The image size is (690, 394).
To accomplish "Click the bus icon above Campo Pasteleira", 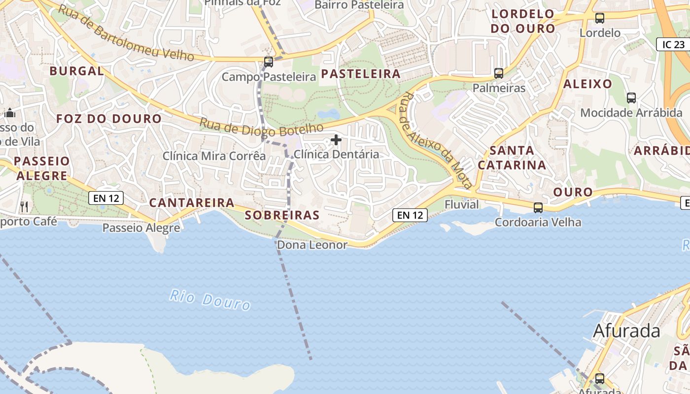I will [268, 62].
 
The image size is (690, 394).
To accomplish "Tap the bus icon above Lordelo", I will [600, 18].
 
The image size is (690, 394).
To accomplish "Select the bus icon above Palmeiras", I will [499, 73].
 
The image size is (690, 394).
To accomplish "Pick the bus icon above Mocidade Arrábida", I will [631, 98].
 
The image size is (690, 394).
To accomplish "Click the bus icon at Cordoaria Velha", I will [538, 208].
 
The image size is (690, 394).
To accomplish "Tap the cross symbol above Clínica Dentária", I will [336, 140].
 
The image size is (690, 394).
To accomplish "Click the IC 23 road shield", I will [673, 44].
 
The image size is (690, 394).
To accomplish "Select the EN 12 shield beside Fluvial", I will [410, 215].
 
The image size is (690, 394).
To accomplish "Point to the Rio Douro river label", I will [210, 299].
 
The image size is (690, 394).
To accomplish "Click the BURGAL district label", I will [76, 71].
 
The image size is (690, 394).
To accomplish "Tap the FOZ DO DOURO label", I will [108, 119].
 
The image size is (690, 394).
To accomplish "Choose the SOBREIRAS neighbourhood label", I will [282, 215].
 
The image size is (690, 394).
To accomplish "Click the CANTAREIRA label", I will [191, 202].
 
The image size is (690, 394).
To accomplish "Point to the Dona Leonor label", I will [312, 245].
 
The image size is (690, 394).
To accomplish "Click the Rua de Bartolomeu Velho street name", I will [126, 33].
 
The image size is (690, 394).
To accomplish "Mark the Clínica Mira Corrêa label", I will [214, 156].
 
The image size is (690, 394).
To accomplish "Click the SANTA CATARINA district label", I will [512, 158].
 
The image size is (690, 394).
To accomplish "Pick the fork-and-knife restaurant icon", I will [24, 206].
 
